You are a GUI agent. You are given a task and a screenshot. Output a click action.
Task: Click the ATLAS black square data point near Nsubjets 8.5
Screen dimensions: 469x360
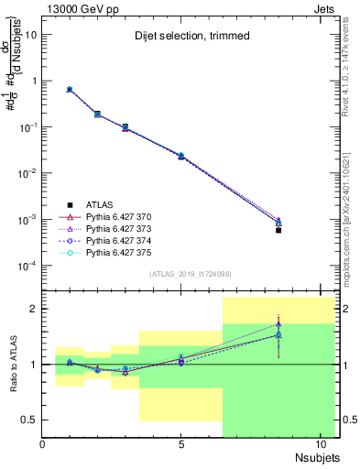[x=278, y=230]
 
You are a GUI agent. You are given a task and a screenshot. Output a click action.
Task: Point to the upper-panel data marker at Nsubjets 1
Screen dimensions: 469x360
[x=70, y=90]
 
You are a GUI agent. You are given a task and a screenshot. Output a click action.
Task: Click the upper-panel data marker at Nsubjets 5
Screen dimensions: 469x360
[x=181, y=157]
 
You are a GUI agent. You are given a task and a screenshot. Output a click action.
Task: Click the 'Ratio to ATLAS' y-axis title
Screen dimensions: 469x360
[x=12, y=364]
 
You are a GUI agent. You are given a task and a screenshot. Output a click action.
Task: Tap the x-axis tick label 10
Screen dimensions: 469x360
[x=320, y=445]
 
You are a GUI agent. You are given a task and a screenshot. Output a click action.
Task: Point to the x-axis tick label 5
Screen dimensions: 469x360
[x=181, y=445]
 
